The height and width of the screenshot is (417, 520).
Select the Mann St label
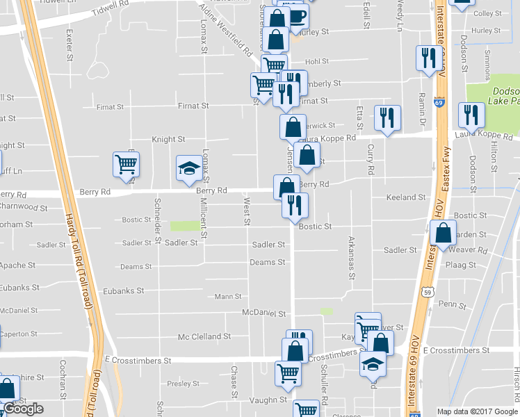point(228,297)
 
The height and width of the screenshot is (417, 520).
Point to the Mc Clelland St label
point(204,337)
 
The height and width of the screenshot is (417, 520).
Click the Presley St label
point(184,383)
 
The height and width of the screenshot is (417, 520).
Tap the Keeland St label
point(406,198)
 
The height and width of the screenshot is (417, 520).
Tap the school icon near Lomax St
point(189,169)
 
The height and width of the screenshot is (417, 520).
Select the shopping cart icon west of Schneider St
point(127,165)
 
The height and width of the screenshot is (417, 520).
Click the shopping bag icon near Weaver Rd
point(443,233)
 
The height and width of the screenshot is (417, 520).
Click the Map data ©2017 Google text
point(477,411)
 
